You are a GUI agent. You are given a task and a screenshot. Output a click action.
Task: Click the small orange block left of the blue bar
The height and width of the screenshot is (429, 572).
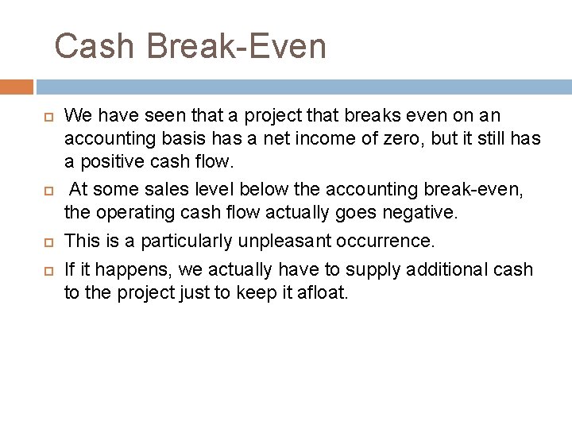pos(17,86)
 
